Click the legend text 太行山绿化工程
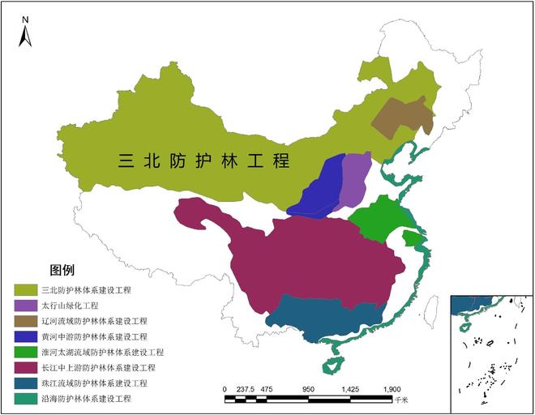click(x=70, y=306)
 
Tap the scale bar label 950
click(x=307, y=389)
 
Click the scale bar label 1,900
click(x=392, y=389)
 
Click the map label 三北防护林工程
click(x=203, y=160)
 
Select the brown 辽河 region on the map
click(x=402, y=117)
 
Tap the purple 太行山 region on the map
click(x=354, y=180)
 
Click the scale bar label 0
click(x=225, y=389)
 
